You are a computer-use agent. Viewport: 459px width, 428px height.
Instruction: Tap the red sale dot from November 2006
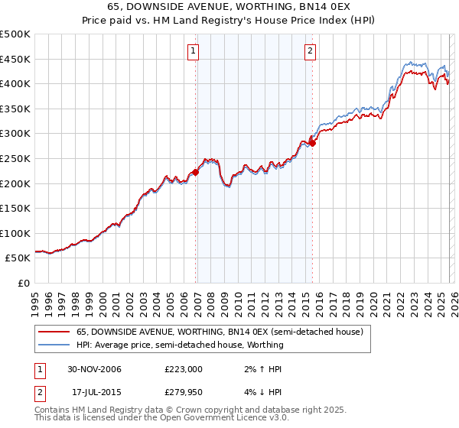[196, 172]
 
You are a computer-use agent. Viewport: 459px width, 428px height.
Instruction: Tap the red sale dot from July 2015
[312, 143]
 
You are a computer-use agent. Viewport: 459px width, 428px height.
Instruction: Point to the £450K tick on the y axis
[15, 59]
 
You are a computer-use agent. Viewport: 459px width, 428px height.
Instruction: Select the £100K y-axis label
[15, 233]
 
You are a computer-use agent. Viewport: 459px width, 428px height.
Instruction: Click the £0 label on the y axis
[23, 283]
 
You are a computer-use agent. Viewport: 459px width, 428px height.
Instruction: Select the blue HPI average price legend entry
[180, 345]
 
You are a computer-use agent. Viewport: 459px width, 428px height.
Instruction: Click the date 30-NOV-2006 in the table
[94, 368]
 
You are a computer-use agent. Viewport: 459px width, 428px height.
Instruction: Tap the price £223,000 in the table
[184, 368]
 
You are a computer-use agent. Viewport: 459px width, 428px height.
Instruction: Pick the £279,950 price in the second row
[184, 392]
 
